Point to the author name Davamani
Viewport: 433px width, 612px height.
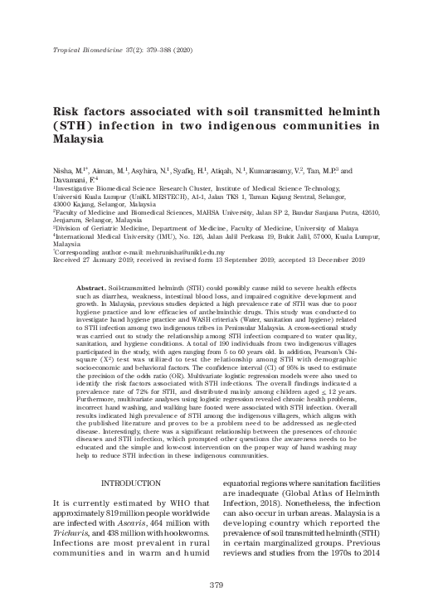click(x=72, y=179)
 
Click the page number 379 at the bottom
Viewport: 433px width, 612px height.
click(x=216, y=586)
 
